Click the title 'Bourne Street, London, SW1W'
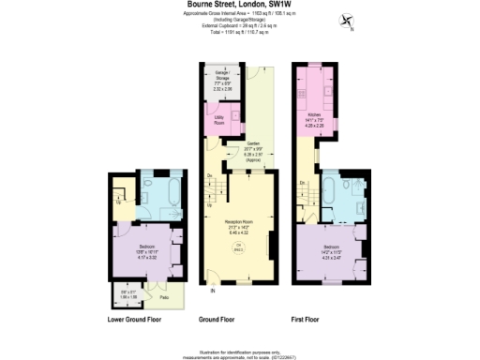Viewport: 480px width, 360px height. [x=239, y=7]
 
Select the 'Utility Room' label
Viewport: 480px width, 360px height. [x=218, y=120]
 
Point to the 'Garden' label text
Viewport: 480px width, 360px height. [x=252, y=144]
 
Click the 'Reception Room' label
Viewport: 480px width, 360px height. [x=240, y=221]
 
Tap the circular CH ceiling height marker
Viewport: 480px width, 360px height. [x=238, y=247]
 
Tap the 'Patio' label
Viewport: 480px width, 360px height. [x=164, y=297]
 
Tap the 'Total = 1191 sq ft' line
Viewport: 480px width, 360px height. [x=240, y=32]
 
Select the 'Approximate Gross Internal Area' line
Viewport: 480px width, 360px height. [x=240, y=16]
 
